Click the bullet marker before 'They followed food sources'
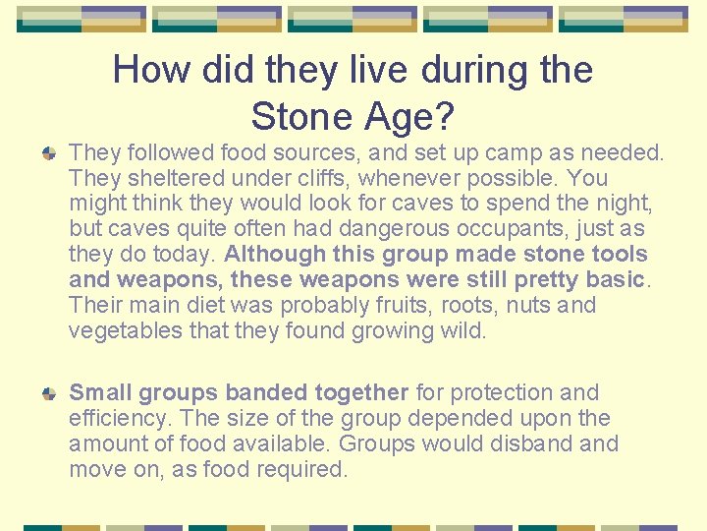[48, 153]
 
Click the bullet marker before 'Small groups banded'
[48, 393]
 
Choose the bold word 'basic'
[614, 280]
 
